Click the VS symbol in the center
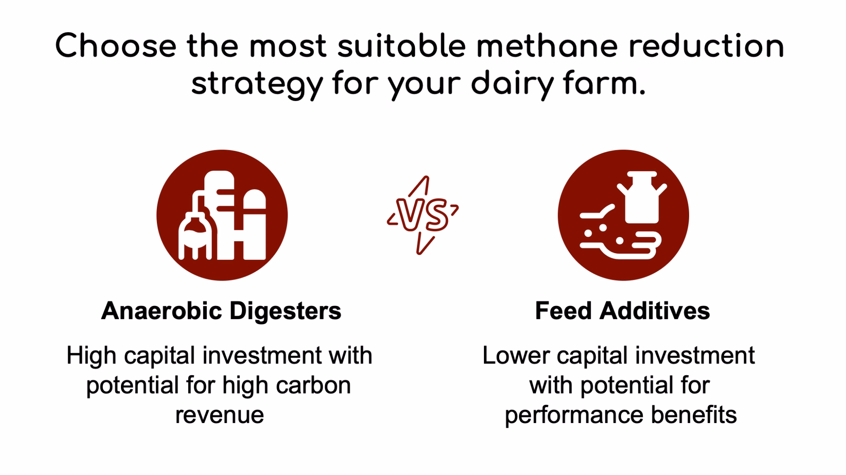pyautogui.click(x=423, y=215)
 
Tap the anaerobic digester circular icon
pyautogui.click(x=222, y=215)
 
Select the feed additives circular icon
pyautogui.click(x=623, y=215)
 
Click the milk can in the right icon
pyautogui.click(x=642, y=197)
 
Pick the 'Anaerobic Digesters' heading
pyautogui.click(x=221, y=311)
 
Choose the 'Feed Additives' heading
pyautogui.click(x=622, y=311)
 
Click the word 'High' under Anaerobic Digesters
pyautogui.click(x=91, y=355)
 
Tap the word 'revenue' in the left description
pyautogui.click(x=220, y=415)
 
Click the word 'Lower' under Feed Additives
pyautogui.click(x=515, y=355)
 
